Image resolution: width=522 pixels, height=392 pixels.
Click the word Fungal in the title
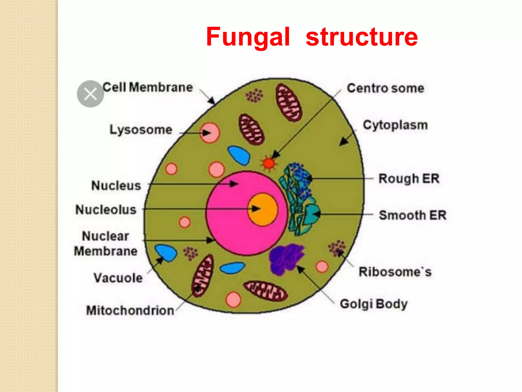pyautogui.click(x=248, y=37)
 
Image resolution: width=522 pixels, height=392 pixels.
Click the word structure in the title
pyautogui.click(x=361, y=37)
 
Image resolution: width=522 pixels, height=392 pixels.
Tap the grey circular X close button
pyautogui.click(x=90, y=94)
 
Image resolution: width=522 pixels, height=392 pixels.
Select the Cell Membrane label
pyautogui.click(x=148, y=88)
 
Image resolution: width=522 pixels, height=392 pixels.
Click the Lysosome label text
pyautogui.click(x=141, y=130)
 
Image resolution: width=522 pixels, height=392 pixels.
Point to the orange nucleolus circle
pyautogui.click(x=263, y=209)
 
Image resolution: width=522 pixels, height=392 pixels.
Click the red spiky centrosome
pyautogui.click(x=268, y=163)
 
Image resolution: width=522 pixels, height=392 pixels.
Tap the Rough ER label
pyautogui.click(x=409, y=178)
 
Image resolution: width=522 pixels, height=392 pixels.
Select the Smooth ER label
pyautogui.click(x=412, y=215)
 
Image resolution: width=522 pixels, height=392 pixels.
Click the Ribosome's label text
pyautogui.click(x=395, y=272)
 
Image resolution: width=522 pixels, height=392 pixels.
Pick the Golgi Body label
pyautogui.click(x=374, y=304)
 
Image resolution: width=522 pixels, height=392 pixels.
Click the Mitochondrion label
pyautogui.click(x=130, y=311)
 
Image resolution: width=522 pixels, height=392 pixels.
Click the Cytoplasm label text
pyautogui.click(x=395, y=125)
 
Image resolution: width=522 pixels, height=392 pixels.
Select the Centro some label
pyautogui.click(x=385, y=88)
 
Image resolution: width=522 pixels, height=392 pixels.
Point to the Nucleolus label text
pyautogui.click(x=106, y=210)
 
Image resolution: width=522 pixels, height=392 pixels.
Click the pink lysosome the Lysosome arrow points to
pyautogui.click(x=210, y=133)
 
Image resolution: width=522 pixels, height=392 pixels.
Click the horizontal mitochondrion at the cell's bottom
pyautogui.click(x=265, y=291)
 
